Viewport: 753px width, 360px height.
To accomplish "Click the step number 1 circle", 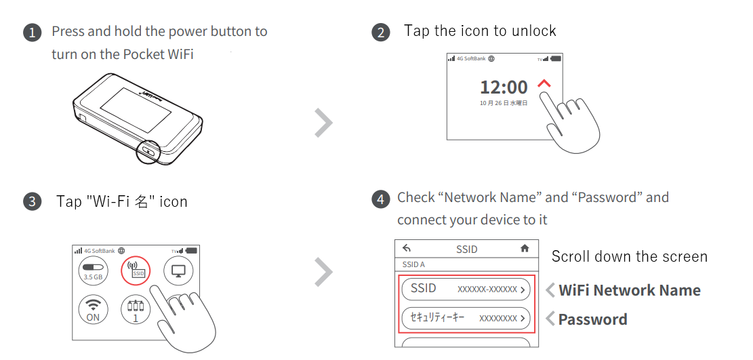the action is click(x=32, y=33).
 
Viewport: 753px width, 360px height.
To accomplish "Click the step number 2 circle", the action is click(x=381, y=33).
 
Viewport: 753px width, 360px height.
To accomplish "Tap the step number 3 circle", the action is click(x=32, y=201).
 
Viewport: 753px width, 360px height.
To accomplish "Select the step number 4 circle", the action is click(x=381, y=199).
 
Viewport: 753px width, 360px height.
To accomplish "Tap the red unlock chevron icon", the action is click(x=544, y=83).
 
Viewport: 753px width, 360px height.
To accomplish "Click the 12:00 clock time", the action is click(x=504, y=87).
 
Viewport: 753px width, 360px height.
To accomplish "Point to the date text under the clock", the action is click(x=504, y=103).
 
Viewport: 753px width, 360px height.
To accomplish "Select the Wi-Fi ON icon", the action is click(x=93, y=310).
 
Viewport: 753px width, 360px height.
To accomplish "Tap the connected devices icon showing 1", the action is click(x=136, y=310).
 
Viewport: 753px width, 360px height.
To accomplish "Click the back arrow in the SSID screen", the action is click(x=407, y=249).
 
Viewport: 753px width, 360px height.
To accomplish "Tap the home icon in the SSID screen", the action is click(x=525, y=249).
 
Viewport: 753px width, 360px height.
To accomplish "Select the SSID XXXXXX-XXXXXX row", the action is click(x=466, y=289).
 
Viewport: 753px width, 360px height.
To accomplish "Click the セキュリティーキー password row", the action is click(x=466, y=318).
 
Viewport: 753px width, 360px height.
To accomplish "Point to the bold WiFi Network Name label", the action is click(x=629, y=290).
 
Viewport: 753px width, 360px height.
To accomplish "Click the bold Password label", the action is click(x=592, y=319).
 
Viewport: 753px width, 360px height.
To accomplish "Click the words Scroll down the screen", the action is click(x=630, y=256).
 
